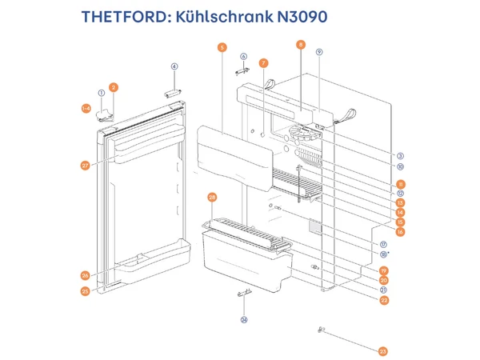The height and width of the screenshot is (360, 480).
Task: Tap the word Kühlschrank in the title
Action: (x=224, y=16)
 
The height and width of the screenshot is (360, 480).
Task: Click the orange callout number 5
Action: (x=222, y=47)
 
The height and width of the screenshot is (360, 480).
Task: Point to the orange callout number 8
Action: (x=300, y=45)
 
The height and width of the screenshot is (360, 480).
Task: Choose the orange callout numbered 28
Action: (x=212, y=197)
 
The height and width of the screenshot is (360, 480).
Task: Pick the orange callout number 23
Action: (x=383, y=351)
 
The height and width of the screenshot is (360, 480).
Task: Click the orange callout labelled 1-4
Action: (x=86, y=107)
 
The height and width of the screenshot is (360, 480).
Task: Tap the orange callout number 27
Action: (x=85, y=166)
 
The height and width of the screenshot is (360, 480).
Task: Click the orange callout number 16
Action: (x=400, y=232)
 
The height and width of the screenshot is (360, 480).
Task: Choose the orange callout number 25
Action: (x=85, y=291)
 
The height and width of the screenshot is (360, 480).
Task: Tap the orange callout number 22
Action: (x=384, y=300)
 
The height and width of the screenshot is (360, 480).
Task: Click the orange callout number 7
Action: (x=263, y=62)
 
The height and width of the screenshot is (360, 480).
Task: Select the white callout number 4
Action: (x=174, y=66)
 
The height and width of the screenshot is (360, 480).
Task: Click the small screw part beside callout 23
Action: (x=321, y=330)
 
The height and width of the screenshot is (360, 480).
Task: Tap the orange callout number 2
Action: (x=114, y=86)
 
